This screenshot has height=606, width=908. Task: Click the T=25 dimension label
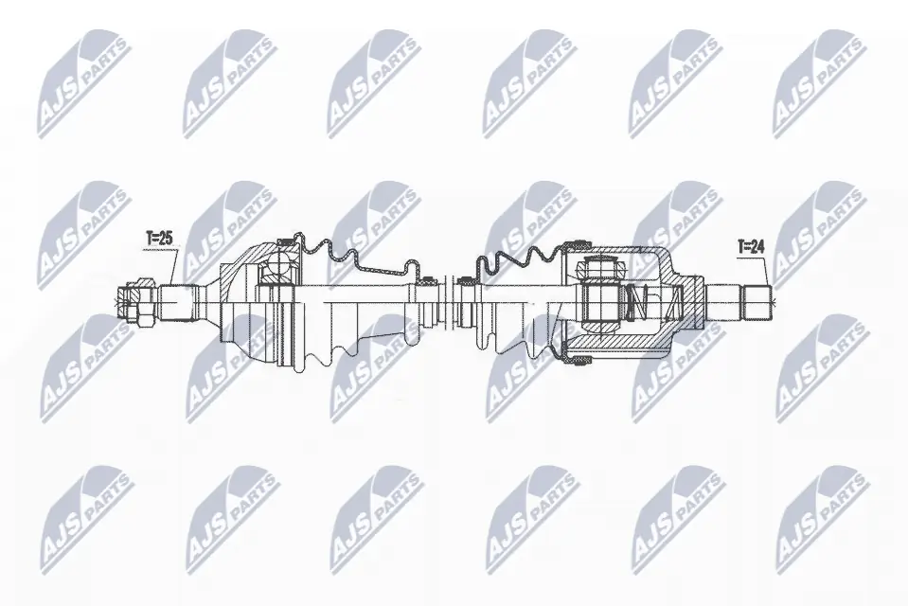(158, 240)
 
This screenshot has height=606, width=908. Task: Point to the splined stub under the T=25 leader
(178, 302)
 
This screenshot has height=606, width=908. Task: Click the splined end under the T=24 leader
(756, 302)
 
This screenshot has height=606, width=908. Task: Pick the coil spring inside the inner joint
(641, 303)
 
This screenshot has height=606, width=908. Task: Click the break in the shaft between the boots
(446, 303)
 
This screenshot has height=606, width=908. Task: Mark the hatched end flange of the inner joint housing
(696, 302)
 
